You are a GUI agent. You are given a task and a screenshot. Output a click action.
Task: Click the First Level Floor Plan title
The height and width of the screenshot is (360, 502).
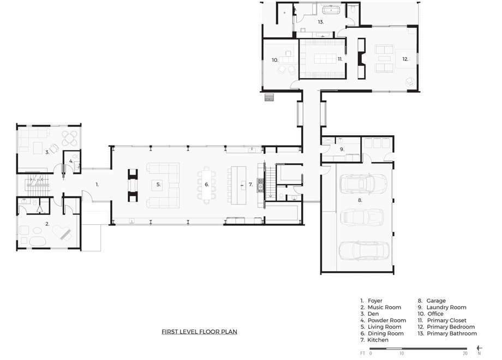pyautogui.click(x=199, y=332)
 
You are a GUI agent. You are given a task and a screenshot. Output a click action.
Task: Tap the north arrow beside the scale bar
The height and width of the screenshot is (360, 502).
pyautogui.click(x=479, y=348)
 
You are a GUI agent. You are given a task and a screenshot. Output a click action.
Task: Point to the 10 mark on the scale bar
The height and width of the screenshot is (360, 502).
pyautogui.click(x=402, y=353)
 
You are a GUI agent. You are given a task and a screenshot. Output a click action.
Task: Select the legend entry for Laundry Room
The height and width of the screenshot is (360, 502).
pyautogui.click(x=442, y=307)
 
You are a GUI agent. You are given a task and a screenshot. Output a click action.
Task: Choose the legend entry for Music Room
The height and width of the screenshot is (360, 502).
pyautogui.click(x=381, y=307)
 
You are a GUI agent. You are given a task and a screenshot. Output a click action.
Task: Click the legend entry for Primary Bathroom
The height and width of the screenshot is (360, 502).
pyautogui.click(x=447, y=333)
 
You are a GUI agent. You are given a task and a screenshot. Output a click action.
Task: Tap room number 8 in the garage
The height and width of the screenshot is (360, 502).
pyautogui.click(x=360, y=200)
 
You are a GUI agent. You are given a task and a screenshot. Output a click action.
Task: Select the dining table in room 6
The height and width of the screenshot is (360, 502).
pyautogui.click(x=207, y=185)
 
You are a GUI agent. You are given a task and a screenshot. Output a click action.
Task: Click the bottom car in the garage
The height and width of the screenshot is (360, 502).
pyautogui.click(x=364, y=250)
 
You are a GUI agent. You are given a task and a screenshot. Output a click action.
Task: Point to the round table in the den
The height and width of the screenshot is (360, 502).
pyautogui.click(x=69, y=138)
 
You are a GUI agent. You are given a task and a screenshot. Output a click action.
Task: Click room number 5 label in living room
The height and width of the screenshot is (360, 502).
pyautogui.click(x=158, y=185)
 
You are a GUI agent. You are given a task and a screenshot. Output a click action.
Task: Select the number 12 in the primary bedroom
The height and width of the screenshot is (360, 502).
pyautogui.click(x=405, y=59)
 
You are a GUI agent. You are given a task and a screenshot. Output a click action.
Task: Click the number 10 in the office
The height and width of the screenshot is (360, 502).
pyautogui.click(x=275, y=60)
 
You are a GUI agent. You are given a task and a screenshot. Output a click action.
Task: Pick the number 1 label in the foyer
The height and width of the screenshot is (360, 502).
pyautogui.click(x=97, y=185)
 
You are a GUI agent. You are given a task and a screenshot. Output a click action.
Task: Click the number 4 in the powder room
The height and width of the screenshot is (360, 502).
pyautogui.click(x=71, y=161)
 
